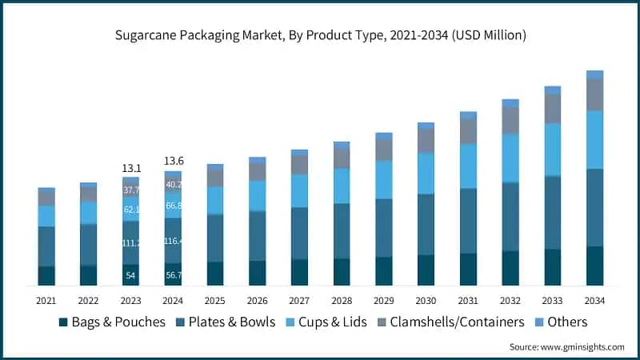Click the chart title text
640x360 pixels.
tap(319, 36)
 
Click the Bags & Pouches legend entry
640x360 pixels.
tap(112, 322)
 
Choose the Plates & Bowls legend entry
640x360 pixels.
tap(225, 322)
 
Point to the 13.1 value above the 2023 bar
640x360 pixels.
tap(131, 169)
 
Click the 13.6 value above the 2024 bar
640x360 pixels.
tap(174, 161)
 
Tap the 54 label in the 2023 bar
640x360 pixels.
tap(131, 275)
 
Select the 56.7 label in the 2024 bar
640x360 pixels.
tap(174, 275)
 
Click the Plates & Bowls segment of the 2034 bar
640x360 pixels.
tap(594, 208)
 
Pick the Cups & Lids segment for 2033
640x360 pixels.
tap(553, 150)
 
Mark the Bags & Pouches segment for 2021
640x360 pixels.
tap(46, 276)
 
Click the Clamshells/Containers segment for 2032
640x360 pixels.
tap(510, 121)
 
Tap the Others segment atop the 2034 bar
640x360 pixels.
tap(594, 74)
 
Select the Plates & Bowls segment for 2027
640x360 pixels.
tap(299, 234)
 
